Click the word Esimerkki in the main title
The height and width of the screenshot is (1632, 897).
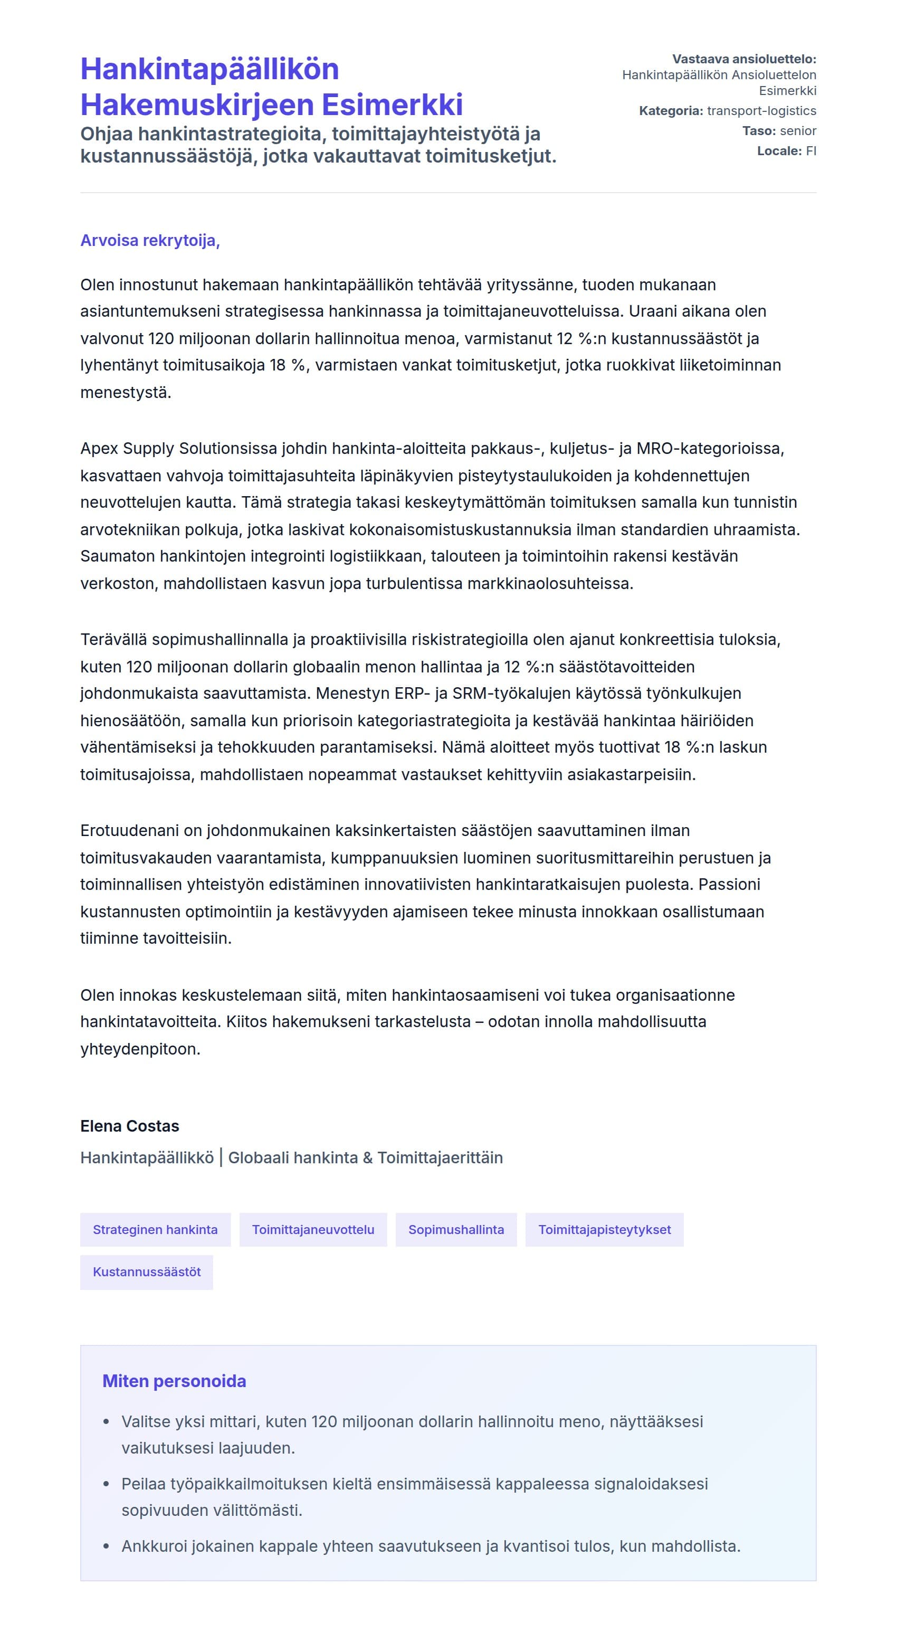tap(392, 105)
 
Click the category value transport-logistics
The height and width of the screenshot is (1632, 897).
tap(761, 111)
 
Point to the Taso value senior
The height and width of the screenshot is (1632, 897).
tap(798, 131)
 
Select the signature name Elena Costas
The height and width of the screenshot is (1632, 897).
tap(129, 1126)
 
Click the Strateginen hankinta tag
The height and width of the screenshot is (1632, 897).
tap(155, 1230)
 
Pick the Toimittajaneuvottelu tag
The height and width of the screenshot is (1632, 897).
tap(313, 1230)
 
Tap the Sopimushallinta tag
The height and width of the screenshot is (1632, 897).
tap(456, 1230)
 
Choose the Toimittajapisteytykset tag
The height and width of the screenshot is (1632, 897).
tap(604, 1230)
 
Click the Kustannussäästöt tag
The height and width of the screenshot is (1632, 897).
tap(146, 1272)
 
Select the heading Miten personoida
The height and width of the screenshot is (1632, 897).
tap(174, 1381)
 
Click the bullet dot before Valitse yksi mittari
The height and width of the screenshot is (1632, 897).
tap(106, 1422)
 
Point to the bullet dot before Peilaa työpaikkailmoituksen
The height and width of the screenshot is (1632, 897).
tap(106, 1484)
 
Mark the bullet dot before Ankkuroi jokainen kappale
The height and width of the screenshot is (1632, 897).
tap(106, 1546)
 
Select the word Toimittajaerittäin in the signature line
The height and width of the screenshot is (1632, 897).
tap(440, 1158)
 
